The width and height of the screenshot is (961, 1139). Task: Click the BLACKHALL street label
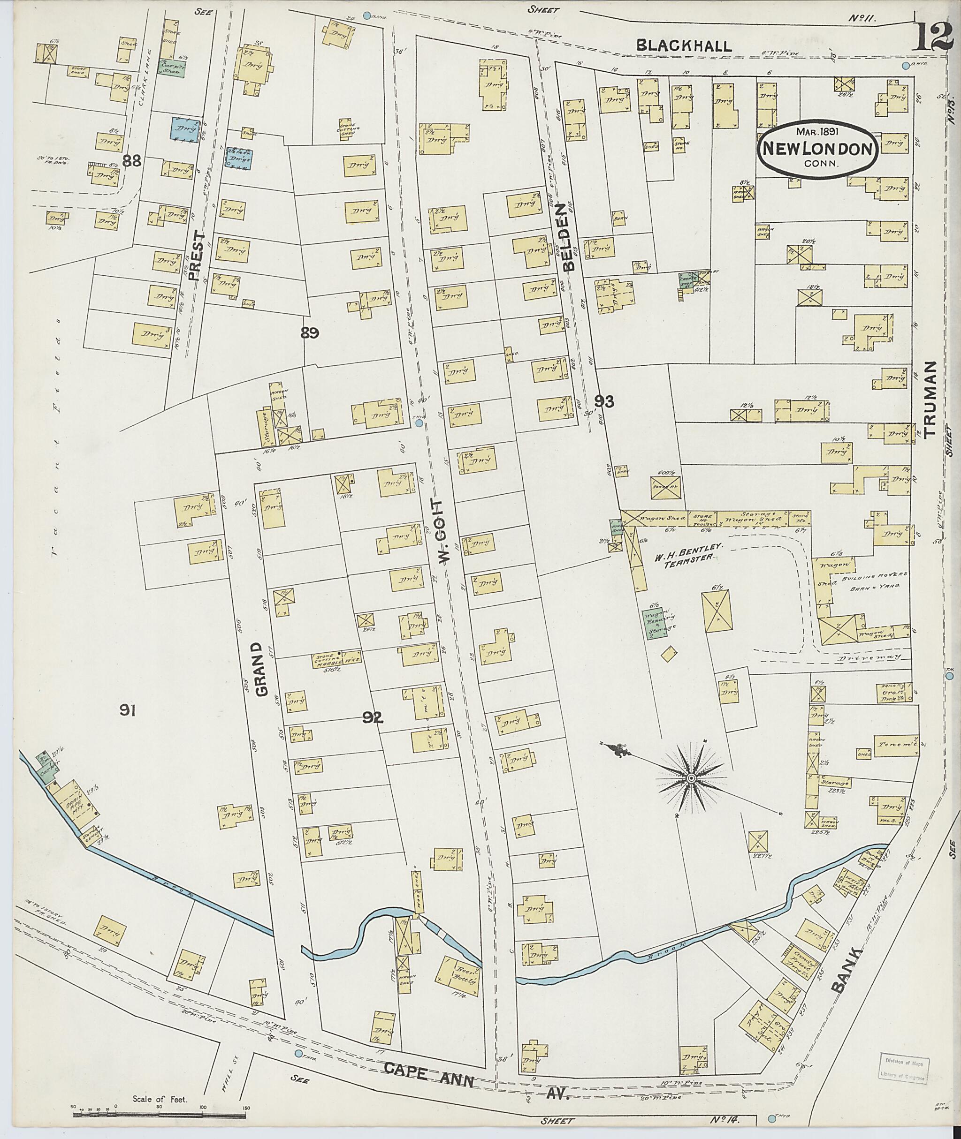coord(684,46)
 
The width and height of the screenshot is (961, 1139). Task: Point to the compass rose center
coord(691,778)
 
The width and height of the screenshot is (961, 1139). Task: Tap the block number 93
coord(604,401)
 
